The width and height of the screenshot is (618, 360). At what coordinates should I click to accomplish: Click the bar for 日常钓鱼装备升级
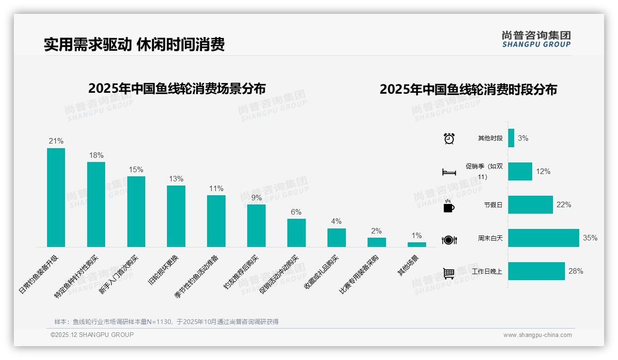[x=56, y=198]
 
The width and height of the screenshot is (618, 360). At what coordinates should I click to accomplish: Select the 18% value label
[x=96, y=155]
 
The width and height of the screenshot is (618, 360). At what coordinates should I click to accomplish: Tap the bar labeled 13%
[x=176, y=216]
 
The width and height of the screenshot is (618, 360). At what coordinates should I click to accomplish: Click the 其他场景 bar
[x=416, y=245]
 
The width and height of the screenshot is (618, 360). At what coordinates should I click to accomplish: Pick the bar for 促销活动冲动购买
[x=296, y=233]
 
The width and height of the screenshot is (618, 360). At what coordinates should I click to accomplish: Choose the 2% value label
[x=376, y=231]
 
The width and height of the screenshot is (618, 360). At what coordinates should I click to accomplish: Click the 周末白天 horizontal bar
[x=543, y=238]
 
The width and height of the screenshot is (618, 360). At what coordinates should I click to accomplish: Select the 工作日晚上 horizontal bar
[x=536, y=271]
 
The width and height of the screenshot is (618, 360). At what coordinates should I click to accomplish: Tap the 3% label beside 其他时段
[x=523, y=138]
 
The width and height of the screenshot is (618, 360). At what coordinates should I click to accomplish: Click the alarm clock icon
[x=449, y=138]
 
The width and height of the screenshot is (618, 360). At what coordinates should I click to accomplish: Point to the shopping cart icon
[x=449, y=273]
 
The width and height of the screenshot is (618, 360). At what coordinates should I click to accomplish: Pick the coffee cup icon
[x=449, y=206]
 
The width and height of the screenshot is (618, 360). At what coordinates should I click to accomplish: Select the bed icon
[x=449, y=172]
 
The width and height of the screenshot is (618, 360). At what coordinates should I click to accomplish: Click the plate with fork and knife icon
[x=449, y=240]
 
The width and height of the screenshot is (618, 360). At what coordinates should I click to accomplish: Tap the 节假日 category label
[x=493, y=205]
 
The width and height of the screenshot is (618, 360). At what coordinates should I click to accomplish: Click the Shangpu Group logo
[x=536, y=39]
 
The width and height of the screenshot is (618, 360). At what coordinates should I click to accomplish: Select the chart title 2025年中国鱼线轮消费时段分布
[x=468, y=90]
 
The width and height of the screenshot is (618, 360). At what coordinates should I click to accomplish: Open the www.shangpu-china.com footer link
[x=537, y=335]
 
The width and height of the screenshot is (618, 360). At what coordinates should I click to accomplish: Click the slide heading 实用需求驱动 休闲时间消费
[x=134, y=45]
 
